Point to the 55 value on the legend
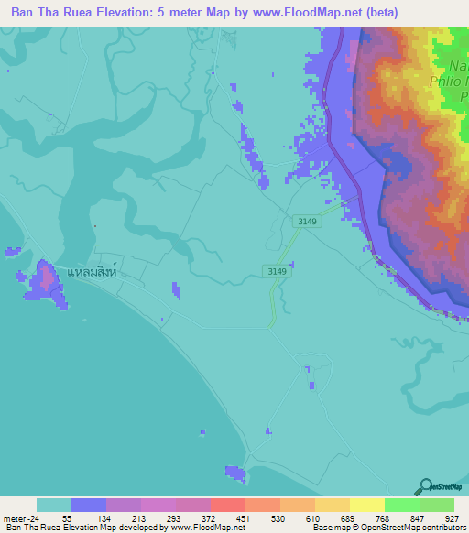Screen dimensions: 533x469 pos(67,517)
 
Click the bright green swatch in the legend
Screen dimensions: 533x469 pos(401,505)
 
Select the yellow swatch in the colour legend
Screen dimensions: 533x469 pos(366,505)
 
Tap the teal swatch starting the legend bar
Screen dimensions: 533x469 pos(53,505)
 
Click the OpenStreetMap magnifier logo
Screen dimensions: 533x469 pos(425,486)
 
